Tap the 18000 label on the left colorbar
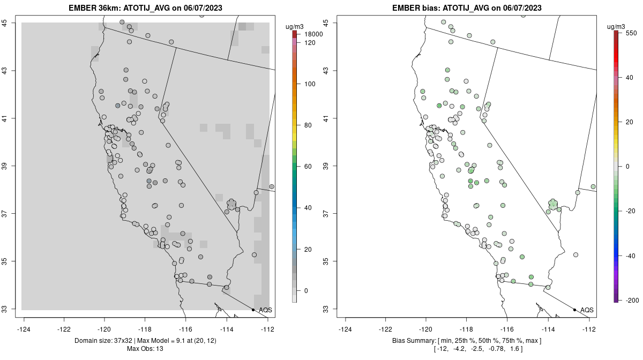click(x=311, y=34)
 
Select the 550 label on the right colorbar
click(x=631, y=33)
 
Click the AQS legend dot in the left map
click(x=253, y=310)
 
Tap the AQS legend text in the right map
click(x=587, y=310)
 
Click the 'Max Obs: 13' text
click(x=145, y=349)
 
